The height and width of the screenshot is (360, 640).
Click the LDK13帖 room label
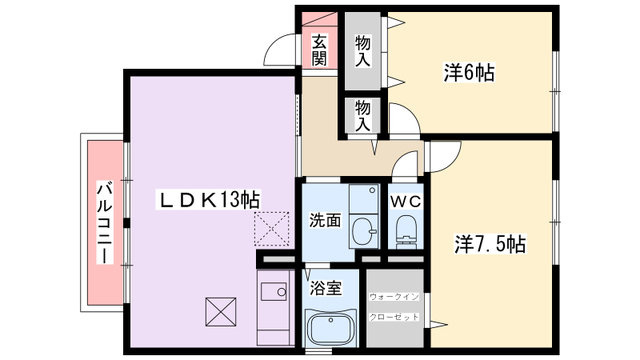click(x=208, y=200)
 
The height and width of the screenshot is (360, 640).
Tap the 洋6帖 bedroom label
click(x=469, y=73)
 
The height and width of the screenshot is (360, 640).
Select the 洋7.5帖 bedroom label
click(x=490, y=244)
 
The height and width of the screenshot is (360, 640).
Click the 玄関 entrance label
click(x=320, y=50)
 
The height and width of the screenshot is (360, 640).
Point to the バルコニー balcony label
click(x=105, y=224)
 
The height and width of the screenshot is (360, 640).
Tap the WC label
click(x=405, y=202)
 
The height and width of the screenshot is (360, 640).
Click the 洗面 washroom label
click(x=325, y=220)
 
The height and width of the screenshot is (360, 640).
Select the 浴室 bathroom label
click(x=325, y=289)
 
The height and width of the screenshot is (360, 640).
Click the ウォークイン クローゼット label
click(x=394, y=307)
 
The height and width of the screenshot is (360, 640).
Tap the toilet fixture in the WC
click(x=406, y=230)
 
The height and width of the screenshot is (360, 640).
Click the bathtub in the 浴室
click(x=331, y=328)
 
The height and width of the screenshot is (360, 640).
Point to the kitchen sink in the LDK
click(x=273, y=291)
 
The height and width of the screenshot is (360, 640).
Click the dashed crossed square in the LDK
click(x=271, y=229)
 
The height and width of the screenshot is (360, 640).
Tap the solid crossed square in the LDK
click(x=221, y=312)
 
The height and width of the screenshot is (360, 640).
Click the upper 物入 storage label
click(x=362, y=51)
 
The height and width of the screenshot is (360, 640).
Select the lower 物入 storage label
click(x=362, y=116)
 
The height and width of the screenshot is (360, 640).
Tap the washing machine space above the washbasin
click(x=364, y=198)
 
